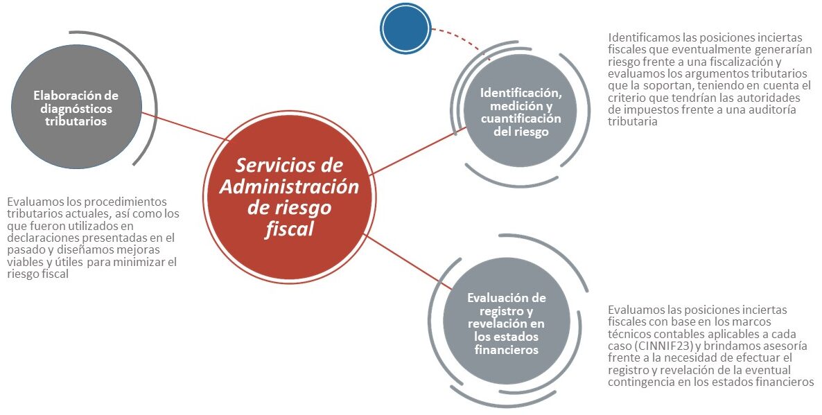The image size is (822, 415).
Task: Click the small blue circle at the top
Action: coord(405,29)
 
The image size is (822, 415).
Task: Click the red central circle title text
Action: coord(289,197)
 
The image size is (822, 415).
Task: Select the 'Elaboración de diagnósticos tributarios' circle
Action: coord(76,107)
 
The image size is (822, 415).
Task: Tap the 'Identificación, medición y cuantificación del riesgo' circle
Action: coord(521,111)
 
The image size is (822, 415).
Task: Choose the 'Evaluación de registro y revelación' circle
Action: coord(507,321)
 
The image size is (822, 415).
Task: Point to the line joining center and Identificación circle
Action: coord(419,150)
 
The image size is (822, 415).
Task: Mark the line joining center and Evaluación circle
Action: coord(408,262)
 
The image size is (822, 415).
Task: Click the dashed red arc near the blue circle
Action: coord(460,38)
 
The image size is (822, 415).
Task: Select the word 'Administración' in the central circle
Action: coord(289,186)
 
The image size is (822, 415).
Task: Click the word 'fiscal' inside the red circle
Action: coord(289,229)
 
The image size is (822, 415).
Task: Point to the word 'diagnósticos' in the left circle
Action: coord(76,109)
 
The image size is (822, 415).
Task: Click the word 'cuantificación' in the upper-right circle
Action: coord(521,118)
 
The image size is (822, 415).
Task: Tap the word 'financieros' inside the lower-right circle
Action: coord(507,349)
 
